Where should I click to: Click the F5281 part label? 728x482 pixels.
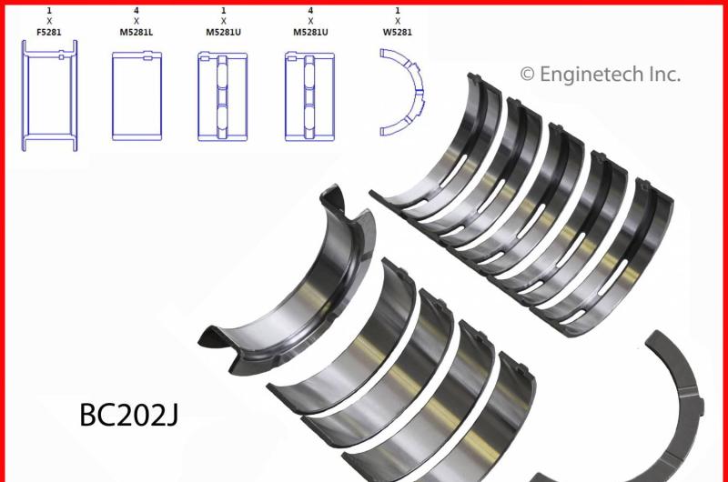49,33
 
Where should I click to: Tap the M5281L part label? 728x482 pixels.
136,33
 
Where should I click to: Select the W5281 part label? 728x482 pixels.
398,33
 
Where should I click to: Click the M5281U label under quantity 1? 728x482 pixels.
223,33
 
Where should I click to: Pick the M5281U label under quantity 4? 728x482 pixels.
310,33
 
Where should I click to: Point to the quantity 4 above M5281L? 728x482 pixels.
136,10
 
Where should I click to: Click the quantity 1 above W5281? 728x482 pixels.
398,10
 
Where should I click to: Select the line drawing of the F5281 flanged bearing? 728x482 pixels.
49,95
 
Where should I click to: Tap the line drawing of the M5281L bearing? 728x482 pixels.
137,96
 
